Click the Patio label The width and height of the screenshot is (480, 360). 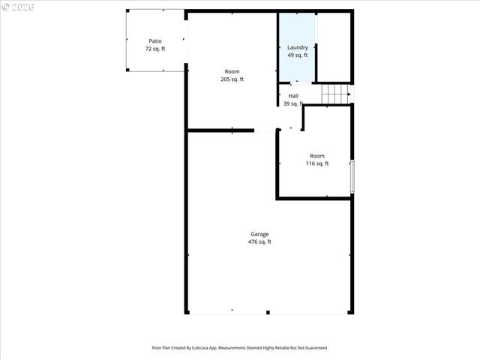[155, 41]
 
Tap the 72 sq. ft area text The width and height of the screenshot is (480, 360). [155, 49]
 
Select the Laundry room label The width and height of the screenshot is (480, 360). [298, 47]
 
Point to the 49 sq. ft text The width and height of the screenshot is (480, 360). [298, 55]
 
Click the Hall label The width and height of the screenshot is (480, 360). [293, 96]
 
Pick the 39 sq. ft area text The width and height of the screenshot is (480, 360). [292, 103]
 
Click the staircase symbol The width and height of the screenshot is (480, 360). [336, 94]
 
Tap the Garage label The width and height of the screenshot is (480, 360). [259, 234]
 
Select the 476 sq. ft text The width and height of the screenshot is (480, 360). [259, 241]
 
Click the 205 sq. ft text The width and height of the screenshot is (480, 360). [232, 79]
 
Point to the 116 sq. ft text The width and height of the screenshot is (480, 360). [317, 163]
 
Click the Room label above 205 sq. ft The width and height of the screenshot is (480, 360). [232, 71]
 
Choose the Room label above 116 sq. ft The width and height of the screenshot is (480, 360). [317, 156]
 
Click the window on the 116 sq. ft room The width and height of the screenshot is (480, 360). [352, 176]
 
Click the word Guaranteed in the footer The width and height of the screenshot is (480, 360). [315, 348]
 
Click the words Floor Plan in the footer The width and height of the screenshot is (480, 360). [161, 348]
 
